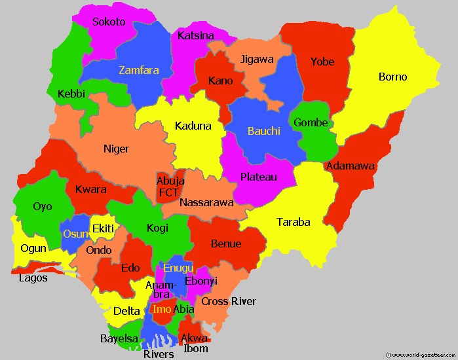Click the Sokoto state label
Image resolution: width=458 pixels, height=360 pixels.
click(x=109, y=22)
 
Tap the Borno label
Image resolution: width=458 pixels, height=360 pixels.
click(x=392, y=77)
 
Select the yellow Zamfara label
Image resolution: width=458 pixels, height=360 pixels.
click(x=138, y=70)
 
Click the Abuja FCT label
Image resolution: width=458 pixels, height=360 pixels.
click(x=170, y=187)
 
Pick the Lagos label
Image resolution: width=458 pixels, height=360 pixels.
click(x=33, y=278)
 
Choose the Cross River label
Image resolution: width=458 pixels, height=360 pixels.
click(x=228, y=301)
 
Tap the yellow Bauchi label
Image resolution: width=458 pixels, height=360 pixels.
click(x=263, y=131)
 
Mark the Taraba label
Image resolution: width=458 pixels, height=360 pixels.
click(x=293, y=222)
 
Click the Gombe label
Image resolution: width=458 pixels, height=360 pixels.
click(x=311, y=122)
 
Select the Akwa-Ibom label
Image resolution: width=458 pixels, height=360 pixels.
click(x=195, y=343)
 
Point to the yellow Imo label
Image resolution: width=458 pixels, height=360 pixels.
click(x=161, y=309)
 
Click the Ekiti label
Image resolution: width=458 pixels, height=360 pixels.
click(x=103, y=228)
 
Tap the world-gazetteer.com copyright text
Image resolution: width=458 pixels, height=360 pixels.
click(x=420, y=355)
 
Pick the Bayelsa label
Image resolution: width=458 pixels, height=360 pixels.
click(x=119, y=338)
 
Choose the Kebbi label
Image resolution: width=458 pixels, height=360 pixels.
click(x=71, y=94)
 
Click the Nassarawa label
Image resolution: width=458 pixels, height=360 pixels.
click(x=206, y=202)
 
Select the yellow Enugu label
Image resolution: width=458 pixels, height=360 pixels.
click(x=178, y=268)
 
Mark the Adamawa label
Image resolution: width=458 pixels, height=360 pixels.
click(x=351, y=166)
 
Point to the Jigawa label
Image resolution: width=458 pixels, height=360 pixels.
click(x=257, y=59)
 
